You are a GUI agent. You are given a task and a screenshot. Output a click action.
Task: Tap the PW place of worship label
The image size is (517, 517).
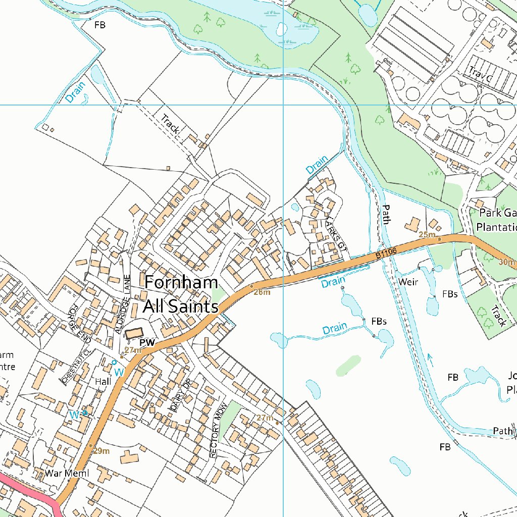pyautogui.click(x=147, y=343)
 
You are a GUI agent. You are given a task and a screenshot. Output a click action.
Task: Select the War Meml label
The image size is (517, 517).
pyautogui.click(x=67, y=473)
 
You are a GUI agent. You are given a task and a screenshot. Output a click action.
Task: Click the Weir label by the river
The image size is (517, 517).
pyautogui.click(x=408, y=282)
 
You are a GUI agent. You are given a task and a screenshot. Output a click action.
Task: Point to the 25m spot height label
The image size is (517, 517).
pyautogui.click(x=427, y=235)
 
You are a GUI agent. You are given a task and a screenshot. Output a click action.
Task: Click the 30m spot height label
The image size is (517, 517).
pyautogui.click(x=506, y=262)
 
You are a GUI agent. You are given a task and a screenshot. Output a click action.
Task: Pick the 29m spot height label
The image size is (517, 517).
pyautogui.click(x=101, y=451)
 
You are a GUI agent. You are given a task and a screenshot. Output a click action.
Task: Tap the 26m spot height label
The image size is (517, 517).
pyautogui.click(x=262, y=292)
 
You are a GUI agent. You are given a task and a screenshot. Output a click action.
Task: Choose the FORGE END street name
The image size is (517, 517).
pyautogui.click(x=80, y=322)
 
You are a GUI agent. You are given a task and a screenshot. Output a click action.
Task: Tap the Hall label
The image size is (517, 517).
pyautogui.click(x=103, y=382)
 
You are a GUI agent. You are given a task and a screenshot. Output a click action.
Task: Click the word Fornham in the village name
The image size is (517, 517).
pyautogui.click(x=181, y=283)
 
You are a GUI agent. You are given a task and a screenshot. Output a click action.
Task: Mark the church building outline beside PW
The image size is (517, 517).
pyautogui.click(x=134, y=334)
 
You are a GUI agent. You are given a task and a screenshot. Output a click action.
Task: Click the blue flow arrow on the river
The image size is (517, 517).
pyautogui.click(x=430, y=359)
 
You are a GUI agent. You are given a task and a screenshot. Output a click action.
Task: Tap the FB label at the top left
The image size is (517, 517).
pyautogui.click(x=100, y=24)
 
